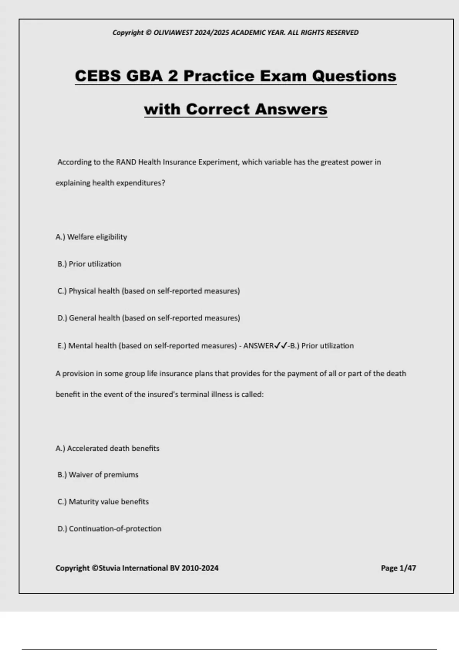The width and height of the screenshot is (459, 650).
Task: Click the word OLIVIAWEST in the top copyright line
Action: click(173, 32)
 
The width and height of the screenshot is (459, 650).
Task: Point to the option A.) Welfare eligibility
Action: click(91, 237)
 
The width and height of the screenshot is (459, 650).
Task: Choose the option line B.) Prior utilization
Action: click(89, 264)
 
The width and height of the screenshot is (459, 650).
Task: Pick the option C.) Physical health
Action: click(148, 291)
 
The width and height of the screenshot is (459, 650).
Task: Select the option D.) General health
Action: click(148, 318)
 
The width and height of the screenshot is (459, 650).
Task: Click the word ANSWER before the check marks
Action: click(258, 346)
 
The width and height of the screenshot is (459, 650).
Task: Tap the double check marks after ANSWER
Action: click(281, 346)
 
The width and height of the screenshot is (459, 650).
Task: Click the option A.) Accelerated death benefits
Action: click(107, 448)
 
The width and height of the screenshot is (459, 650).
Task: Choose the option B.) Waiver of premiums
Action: click(98, 475)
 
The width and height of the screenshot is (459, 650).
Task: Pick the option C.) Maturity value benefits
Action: click(103, 502)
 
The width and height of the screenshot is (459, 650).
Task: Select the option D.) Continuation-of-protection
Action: click(109, 529)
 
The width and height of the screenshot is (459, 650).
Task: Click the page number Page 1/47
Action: click(398, 568)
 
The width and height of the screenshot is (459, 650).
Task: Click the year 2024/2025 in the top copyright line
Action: click(212, 32)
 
